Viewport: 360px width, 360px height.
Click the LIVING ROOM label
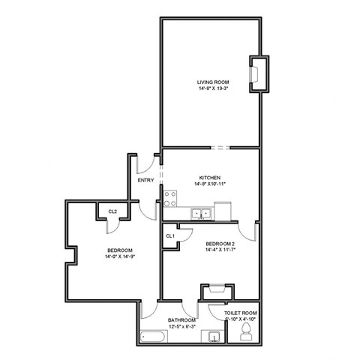(213, 82)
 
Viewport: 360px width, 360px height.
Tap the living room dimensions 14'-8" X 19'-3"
(213, 88)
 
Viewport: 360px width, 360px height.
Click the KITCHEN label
(209, 177)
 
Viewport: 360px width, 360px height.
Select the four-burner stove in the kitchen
(170, 199)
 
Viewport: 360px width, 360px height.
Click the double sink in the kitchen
(200, 214)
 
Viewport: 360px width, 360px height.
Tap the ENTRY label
(146, 181)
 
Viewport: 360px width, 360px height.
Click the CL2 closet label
(112, 211)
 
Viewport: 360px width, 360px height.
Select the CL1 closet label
(170, 236)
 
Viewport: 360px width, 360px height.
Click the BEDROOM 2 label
(220, 244)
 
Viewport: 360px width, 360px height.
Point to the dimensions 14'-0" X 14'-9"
(120, 256)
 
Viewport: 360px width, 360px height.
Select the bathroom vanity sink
(214, 337)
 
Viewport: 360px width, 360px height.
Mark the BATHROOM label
(181, 319)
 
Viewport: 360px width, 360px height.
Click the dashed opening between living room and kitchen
(218, 147)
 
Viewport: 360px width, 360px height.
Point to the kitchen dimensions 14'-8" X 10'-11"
(209, 184)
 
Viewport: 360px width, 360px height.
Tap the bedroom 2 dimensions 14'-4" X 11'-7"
(220, 251)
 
